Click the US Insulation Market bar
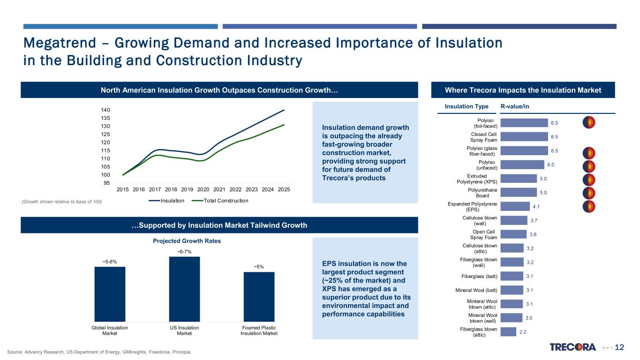point(184,289)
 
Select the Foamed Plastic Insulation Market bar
point(259,296)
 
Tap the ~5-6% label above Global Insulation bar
point(110,262)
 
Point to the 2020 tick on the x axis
point(203,189)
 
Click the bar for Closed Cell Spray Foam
point(524,136)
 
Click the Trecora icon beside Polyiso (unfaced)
point(589,166)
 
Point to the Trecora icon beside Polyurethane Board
point(589,193)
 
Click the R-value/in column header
point(515,106)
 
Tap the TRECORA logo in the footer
point(572,347)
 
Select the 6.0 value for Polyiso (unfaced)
point(550,165)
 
